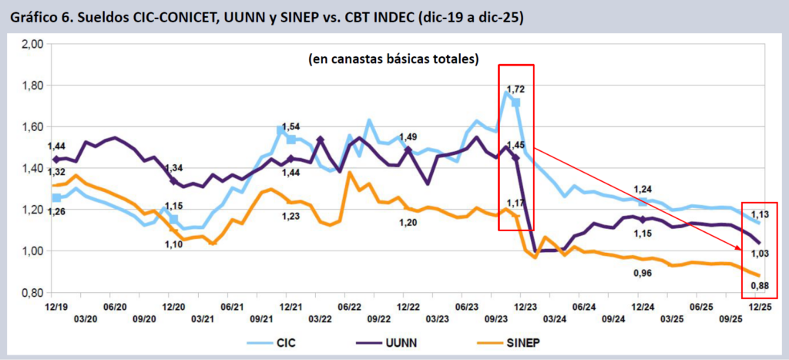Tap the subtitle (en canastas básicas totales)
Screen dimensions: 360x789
393,59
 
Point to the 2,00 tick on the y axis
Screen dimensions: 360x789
32,44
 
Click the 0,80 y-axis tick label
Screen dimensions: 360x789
32,293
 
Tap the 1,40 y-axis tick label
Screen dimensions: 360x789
32,169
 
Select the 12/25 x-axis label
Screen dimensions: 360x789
760,305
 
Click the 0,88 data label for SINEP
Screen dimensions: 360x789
760,286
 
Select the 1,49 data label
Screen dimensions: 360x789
408,137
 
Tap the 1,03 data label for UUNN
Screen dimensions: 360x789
760,253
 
